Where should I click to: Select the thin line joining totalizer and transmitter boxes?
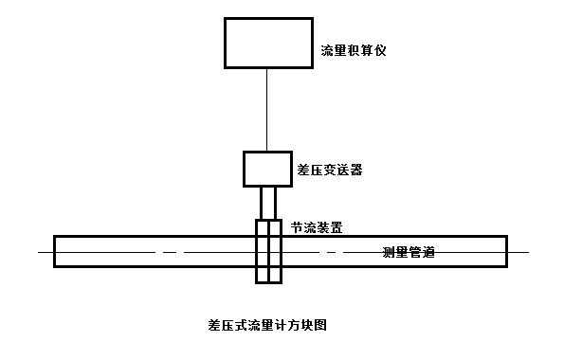pyautogui.click(x=266, y=109)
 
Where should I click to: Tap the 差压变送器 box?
pyautogui.click(x=267, y=168)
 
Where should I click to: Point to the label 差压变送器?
pyautogui.click(x=330, y=171)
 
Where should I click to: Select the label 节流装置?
pyautogui.click(x=318, y=228)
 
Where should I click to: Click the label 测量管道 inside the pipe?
pyautogui.click(x=409, y=252)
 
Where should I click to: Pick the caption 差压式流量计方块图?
pyautogui.click(x=267, y=324)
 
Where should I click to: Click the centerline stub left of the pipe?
pyautogui.click(x=45, y=253)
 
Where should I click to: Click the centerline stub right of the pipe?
pyautogui.click(x=519, y=253)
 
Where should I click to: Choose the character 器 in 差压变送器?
pyautogui.click(x=356, y=171)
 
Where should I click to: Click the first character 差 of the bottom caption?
pyautogui.click(x=213, y=324)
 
